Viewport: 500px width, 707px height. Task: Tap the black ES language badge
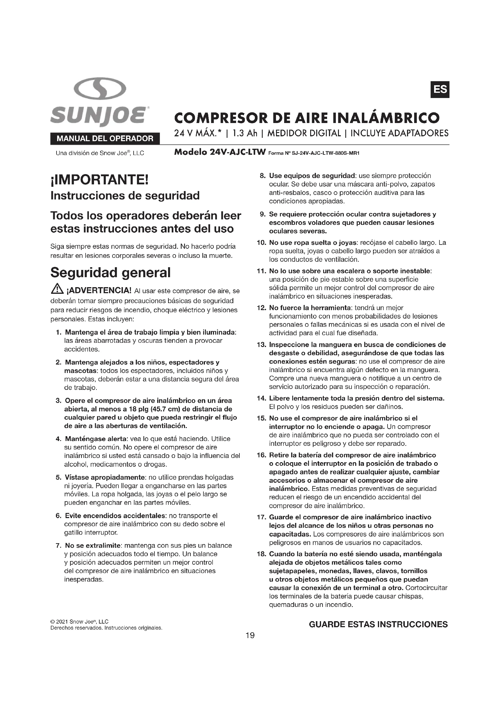coord(440,89)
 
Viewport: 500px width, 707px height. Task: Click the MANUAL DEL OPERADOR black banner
coord(105,138)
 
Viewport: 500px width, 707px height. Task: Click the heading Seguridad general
coord(110,273)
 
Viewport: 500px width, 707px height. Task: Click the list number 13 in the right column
coord(261,345)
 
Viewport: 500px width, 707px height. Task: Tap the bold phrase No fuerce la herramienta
coord(310,308)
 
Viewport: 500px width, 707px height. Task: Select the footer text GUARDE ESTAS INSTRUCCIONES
coord(378,624)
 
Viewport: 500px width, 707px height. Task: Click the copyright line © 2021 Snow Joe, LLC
coord(80,622)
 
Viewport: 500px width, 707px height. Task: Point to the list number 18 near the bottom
coord(261,554)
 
